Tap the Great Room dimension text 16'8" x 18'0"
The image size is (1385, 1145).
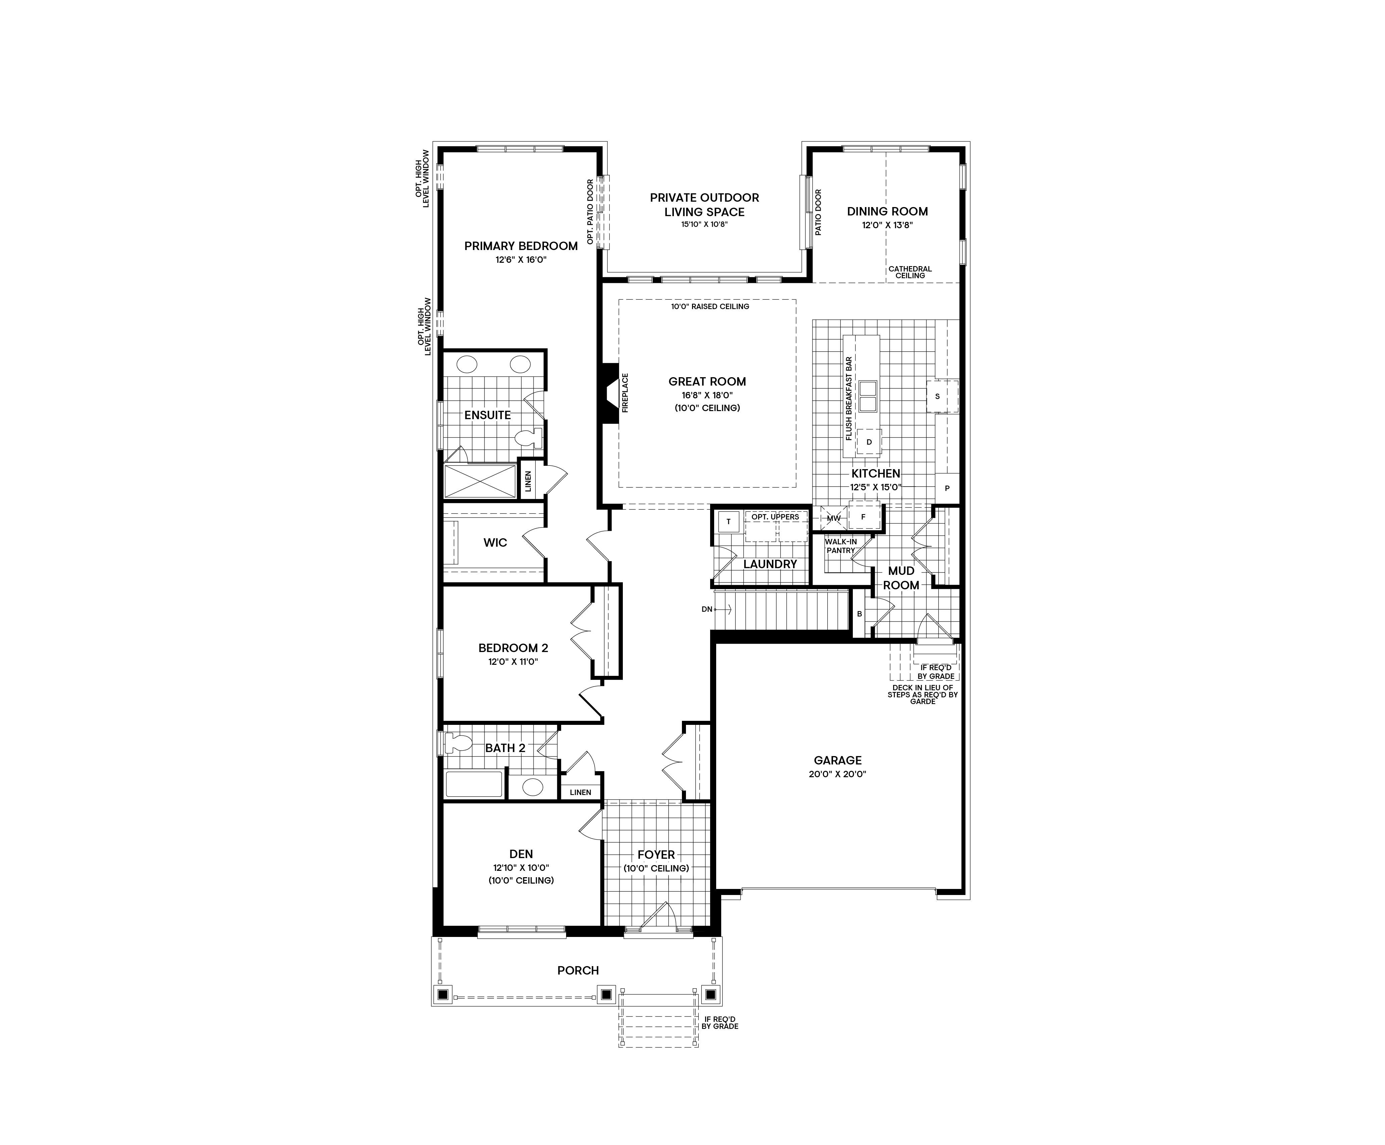(707, 395)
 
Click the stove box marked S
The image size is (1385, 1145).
(937, 396)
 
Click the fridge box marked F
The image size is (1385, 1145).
(863, 517)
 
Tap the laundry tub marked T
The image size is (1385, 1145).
(728, 521)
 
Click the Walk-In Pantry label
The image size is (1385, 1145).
(841, 546)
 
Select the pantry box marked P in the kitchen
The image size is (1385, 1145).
(947, 489)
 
